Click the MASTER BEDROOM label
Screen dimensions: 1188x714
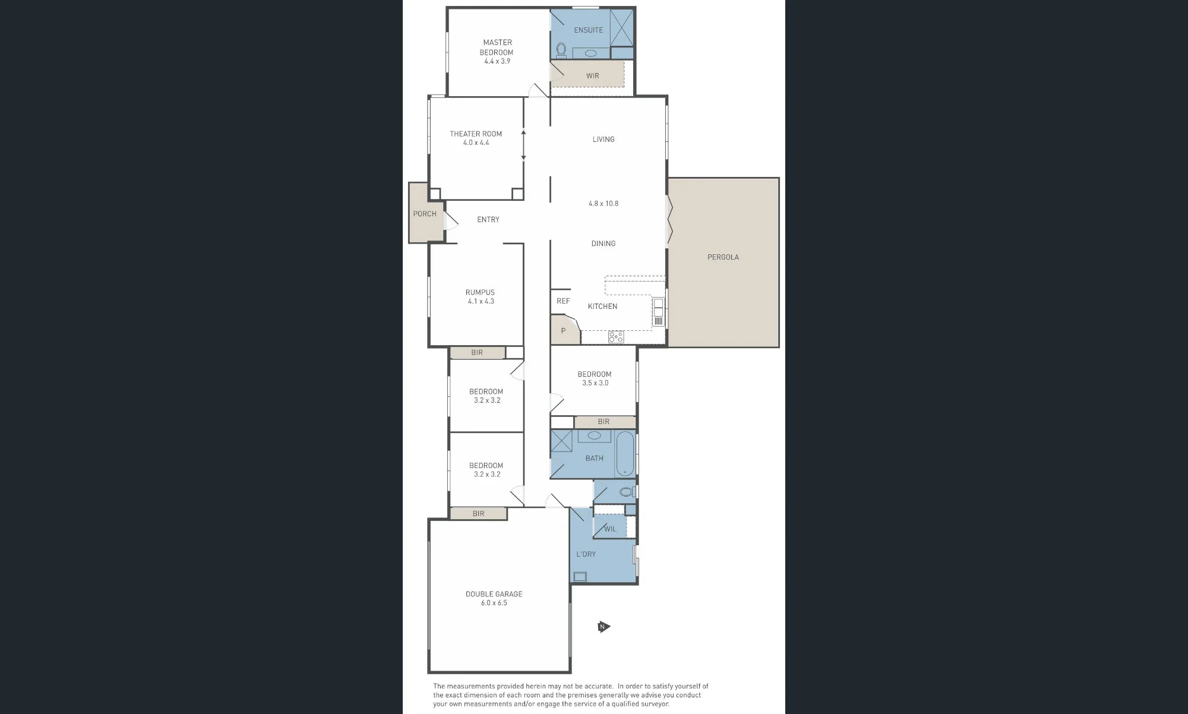click(x=497, y=47)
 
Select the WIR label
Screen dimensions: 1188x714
click(x=593, y=76)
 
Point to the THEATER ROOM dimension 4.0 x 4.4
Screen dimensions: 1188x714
click(x=476, y=143)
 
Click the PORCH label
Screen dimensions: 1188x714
click(x=425, y=214)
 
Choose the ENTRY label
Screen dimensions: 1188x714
click(x=488, y=220)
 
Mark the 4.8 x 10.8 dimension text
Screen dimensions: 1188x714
click(x=604, y=203)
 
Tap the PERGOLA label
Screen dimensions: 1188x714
click(x=723, y=257)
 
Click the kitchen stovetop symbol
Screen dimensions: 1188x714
click(x=616, y=337)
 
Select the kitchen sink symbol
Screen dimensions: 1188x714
click(x=658, y=312)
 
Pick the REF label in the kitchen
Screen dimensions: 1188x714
click(x=563, y=301)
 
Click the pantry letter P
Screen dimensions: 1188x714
click(x=563, y=331)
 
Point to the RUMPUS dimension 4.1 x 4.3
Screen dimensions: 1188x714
click(x=481, y=301)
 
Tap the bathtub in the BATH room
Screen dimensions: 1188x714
click(x=625, y=454)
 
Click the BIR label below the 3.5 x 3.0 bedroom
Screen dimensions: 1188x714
click(x=604, y=422)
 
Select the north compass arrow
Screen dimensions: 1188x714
click(x=604, y=627)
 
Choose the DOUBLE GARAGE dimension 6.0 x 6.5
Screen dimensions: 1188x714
click(x=494, y=603)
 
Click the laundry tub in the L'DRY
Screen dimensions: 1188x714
click(x=579, y=576)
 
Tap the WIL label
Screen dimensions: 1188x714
click(x=610, y=529)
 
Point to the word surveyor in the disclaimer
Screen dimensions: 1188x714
click(x=653, y=704)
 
